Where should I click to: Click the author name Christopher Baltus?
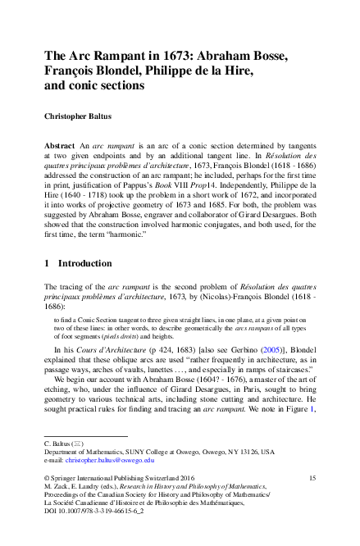82,116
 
